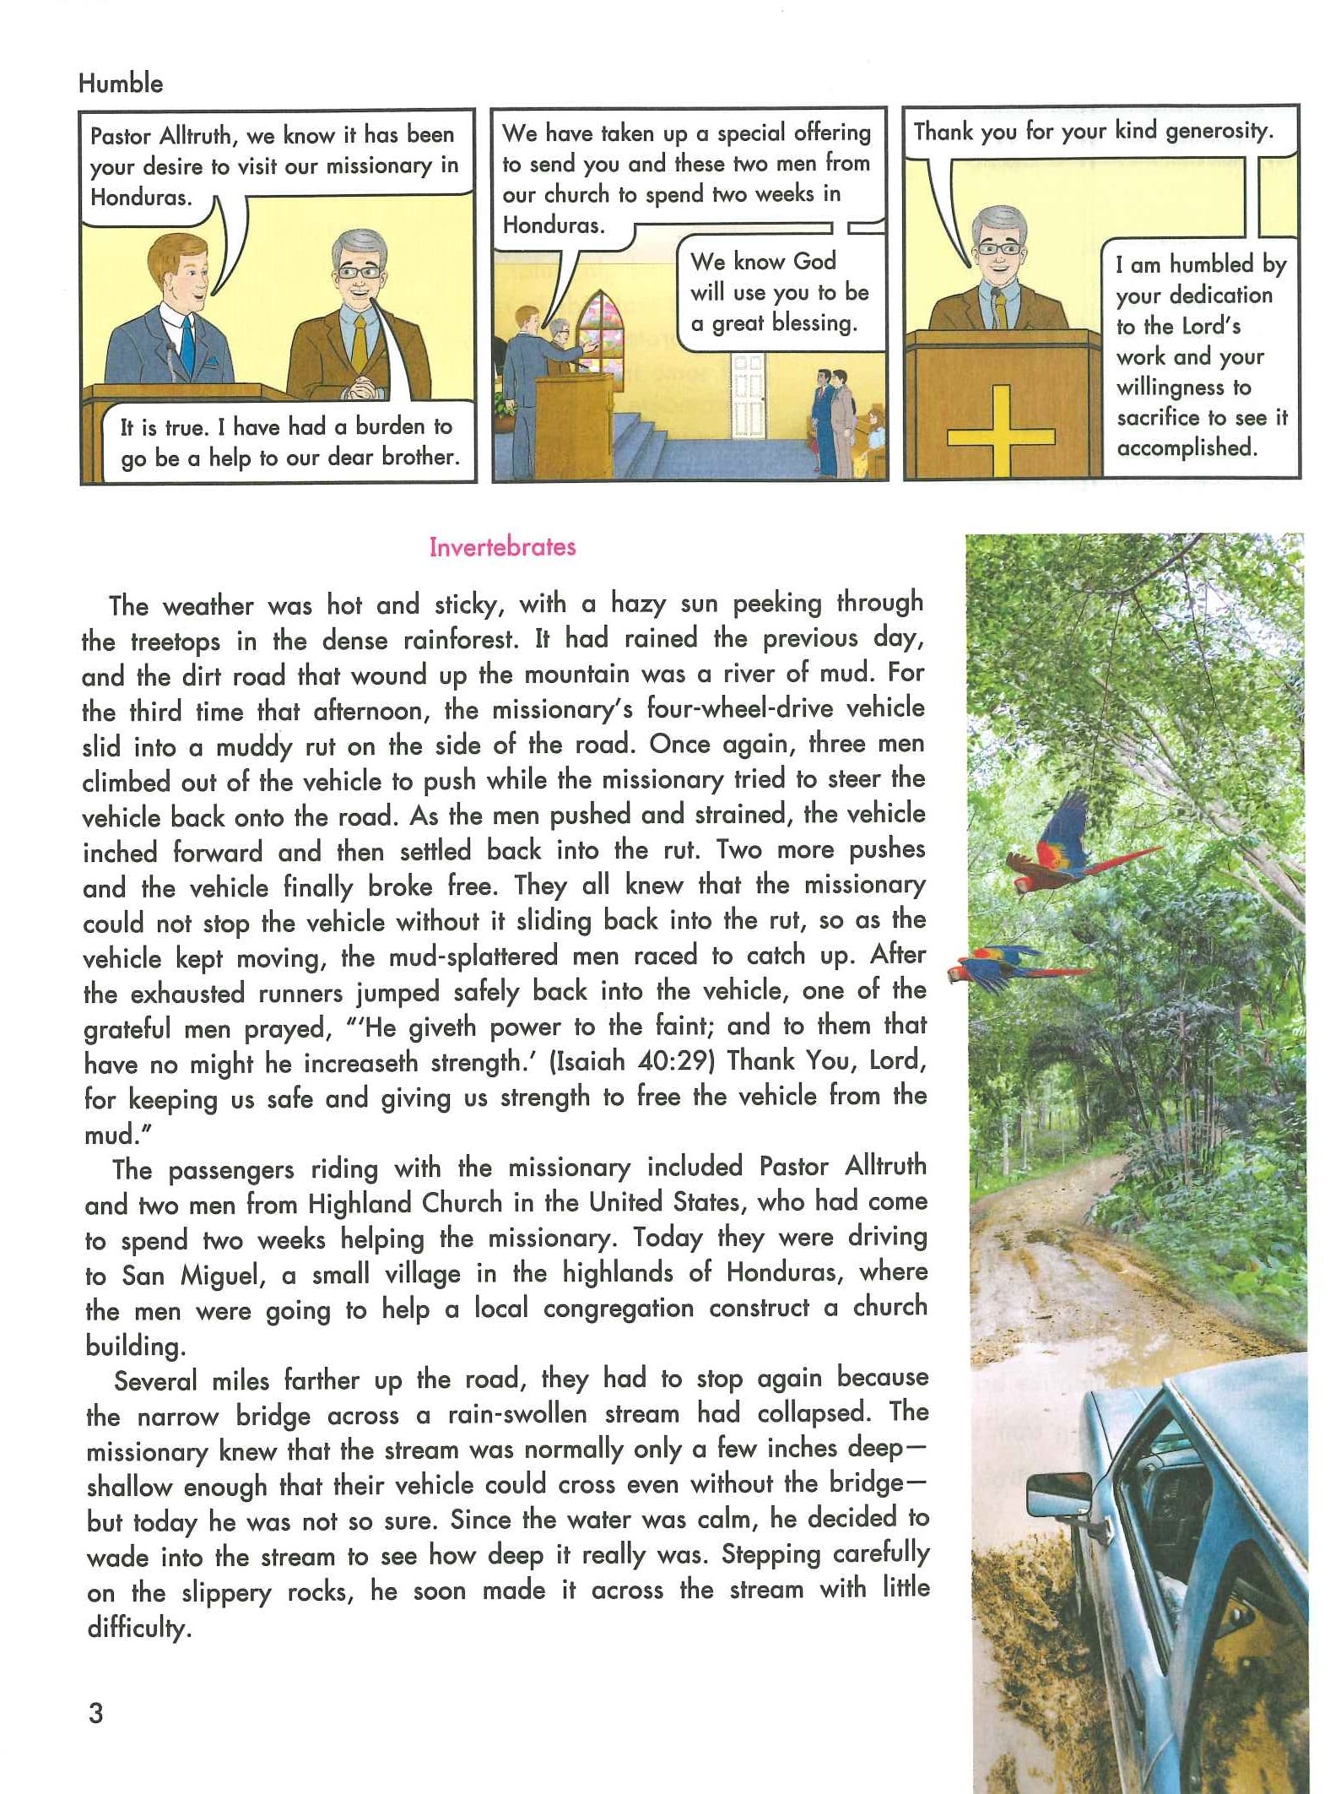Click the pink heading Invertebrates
502,547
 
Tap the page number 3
96,1713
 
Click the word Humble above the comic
121,83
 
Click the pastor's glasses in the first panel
360,272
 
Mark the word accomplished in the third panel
1187,447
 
